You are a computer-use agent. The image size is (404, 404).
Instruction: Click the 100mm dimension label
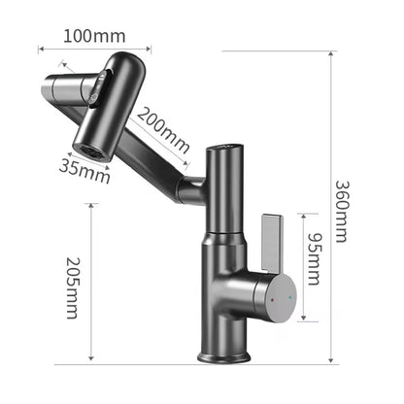(x=94, y=36)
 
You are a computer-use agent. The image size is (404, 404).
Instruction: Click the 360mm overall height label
(x=343, y=212)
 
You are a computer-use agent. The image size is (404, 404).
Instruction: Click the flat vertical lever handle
(x=271, y=237)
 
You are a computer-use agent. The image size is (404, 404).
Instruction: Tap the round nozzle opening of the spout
(x=93, y=151)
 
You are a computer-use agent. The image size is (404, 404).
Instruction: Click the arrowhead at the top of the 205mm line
(x=90, y=206)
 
